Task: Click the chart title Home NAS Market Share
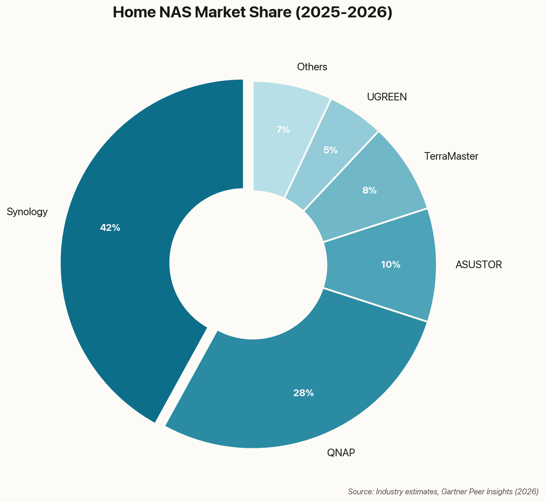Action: [253, 13]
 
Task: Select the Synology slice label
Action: [27, 212]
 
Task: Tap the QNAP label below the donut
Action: [341, 453]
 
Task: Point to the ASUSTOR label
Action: [478, 265]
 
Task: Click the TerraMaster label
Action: [451, 157]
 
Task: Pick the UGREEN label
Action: [387, 97]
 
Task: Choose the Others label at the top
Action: [312, 67]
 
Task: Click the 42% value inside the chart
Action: [110, 228]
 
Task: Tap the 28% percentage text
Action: [303, 393]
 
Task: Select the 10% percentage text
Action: [390, 265]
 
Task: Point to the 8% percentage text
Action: [370, 191]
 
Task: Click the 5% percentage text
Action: [330, 150]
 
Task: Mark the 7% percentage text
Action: [283, 130]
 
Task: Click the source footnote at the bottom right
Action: [443, 492]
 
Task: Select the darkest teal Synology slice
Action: [127, 297]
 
